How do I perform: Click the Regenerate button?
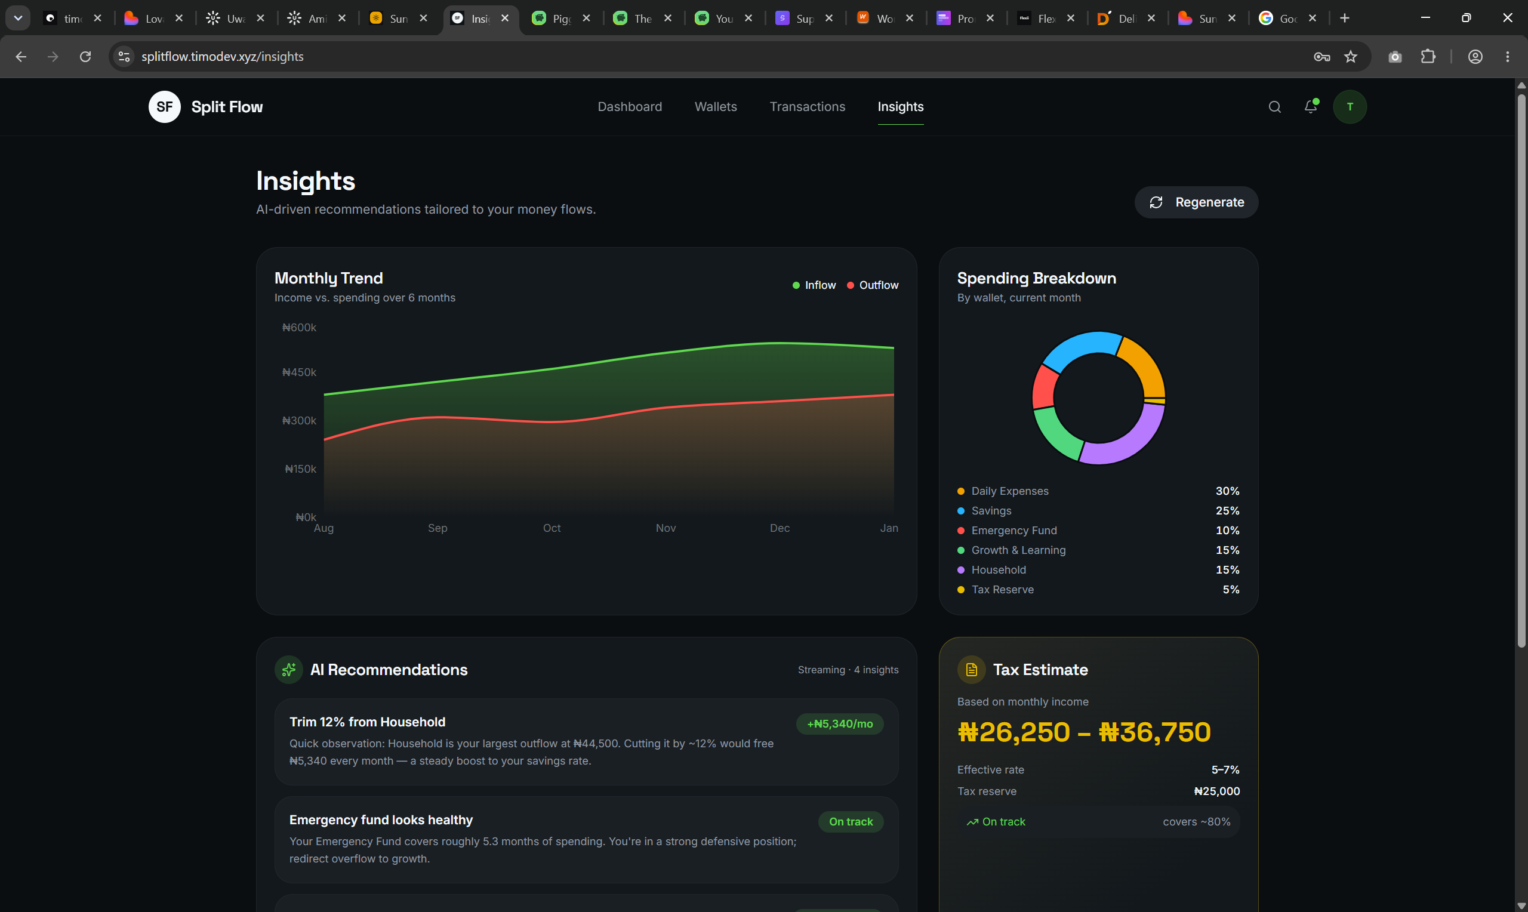[1196, 202]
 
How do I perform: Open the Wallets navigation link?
[716, 106]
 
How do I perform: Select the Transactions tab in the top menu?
[808, 106]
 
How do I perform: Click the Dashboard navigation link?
[630, 106]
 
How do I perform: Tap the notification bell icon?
[1311, 106]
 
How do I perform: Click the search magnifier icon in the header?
[1275, 107]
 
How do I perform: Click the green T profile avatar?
[1350, 107]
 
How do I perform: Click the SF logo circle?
[165, 107]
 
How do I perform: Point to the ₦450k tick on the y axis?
[299, 372]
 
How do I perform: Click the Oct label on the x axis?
[552, 528]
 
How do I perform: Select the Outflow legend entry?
[873, 285]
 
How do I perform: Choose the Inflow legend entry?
[814, 285]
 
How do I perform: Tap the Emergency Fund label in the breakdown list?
[1013, 531]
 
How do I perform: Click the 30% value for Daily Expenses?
[1227, 491]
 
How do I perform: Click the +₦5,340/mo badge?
[840, 724]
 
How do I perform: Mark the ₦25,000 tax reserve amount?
[1216, 791]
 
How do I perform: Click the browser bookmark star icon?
[1351, 57]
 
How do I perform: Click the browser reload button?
[85, 57]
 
